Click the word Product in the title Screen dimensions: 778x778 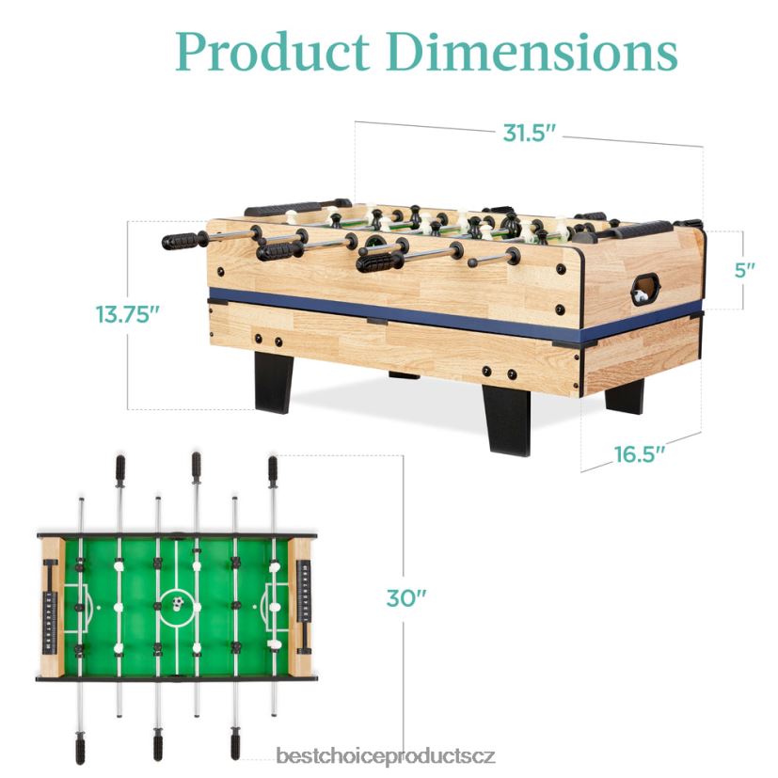point(273,52)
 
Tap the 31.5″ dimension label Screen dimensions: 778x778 point(529,133)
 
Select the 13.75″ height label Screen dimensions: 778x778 point(128,314)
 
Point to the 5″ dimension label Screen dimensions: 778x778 point(744,270)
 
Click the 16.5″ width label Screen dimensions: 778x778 point(640,454)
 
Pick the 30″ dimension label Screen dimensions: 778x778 point(406,598)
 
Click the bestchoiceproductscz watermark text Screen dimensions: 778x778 point(386,756)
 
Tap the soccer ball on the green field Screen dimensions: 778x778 point(178,603)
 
